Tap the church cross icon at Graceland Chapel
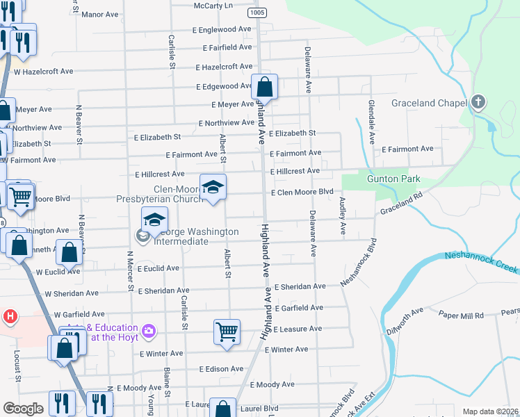coord(478,103)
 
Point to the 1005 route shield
coord(257,13)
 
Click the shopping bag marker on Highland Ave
coord(264,88)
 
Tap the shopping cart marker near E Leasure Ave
coord(227,331)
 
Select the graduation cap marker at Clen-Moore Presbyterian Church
coord(213,186)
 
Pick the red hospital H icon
coord(10,317)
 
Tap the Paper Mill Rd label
coord(461,316)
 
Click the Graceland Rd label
coord(401,203)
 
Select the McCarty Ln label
coord(213,6)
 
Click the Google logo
coord(23,409)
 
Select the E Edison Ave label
coord(221,369)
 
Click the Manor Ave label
coord(100,14)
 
